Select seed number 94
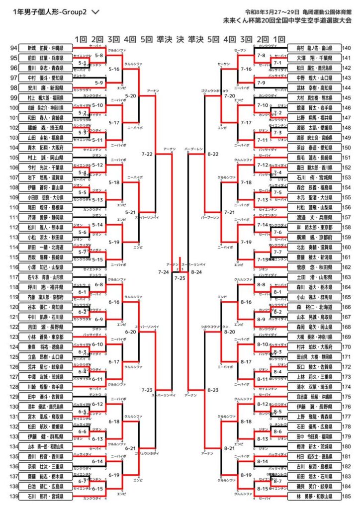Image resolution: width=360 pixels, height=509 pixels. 14,48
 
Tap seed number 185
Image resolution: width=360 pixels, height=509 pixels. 347,496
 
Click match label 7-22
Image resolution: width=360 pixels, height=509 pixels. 147,154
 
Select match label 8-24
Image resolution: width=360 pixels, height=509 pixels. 196,272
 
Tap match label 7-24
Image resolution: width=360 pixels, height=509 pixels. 163,272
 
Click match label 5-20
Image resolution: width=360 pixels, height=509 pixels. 131,95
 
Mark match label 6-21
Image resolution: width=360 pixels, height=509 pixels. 131,448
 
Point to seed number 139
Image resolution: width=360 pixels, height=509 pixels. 14,496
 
